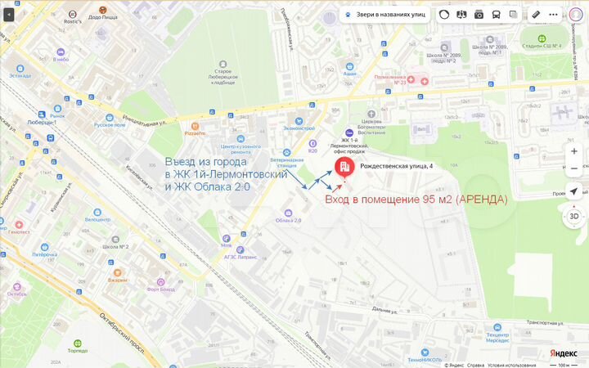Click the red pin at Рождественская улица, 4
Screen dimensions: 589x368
click(x=344, y=168)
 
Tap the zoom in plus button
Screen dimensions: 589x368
click(x=574, y=151)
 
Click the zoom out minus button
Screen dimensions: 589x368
click(x=574, y=168)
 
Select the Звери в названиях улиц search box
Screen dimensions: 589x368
click(x=390, y=14)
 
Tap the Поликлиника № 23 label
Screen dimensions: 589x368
click(x=389, y=82)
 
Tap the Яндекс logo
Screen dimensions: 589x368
click(x=563, y=353)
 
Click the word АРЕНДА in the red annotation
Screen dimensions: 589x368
click(x=483, y=200)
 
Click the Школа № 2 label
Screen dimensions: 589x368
click(x=115, y=246)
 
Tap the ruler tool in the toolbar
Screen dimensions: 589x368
click(x=535, y=14)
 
